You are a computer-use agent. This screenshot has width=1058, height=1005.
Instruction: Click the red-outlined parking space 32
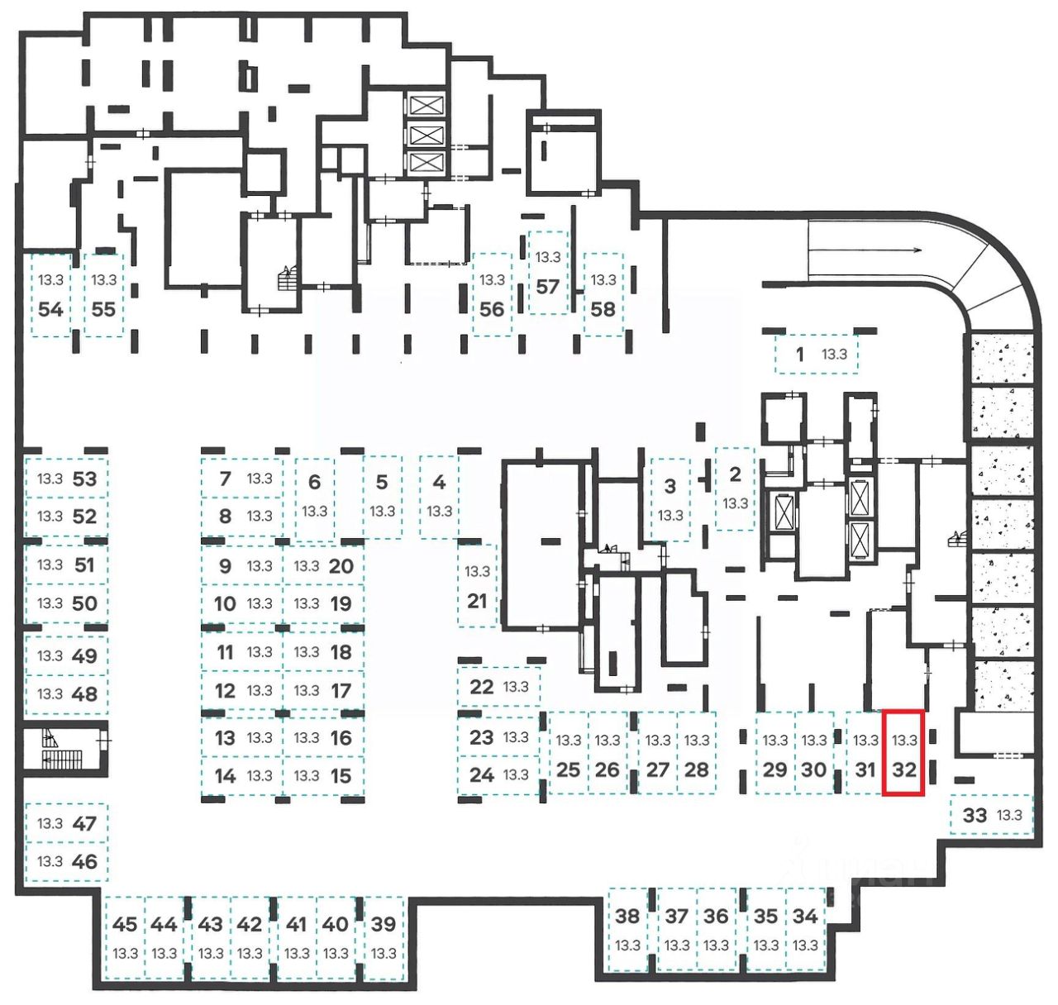[x=903, y=753]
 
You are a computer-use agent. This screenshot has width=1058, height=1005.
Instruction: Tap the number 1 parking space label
[x=799, y=355]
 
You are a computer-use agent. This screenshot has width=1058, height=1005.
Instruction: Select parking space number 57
[x=548, y=273]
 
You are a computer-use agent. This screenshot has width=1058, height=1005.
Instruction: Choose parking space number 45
[x=126, y=937]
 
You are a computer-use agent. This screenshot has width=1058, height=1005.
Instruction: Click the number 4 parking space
[x=439, y=496]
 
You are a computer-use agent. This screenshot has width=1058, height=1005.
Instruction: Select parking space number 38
[x=628, y=929]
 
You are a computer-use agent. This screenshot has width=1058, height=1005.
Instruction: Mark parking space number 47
[x=67, y=823]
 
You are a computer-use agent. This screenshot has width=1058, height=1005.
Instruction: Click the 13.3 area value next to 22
[x=516, y=686]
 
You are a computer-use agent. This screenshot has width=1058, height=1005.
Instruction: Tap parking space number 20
[x=323, y=566]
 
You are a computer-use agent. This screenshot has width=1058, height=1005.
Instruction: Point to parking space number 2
[x=735, y=488]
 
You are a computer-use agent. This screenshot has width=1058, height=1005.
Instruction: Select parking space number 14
[x=242, y=776]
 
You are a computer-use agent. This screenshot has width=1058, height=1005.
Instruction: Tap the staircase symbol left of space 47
[x=58, y=749]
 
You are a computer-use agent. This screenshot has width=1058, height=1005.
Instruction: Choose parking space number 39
[x=384, y=937]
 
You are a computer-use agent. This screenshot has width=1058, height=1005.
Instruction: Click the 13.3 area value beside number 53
[x=50, y=479]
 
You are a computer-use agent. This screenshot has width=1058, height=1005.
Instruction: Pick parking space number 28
[x=697, y=753]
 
